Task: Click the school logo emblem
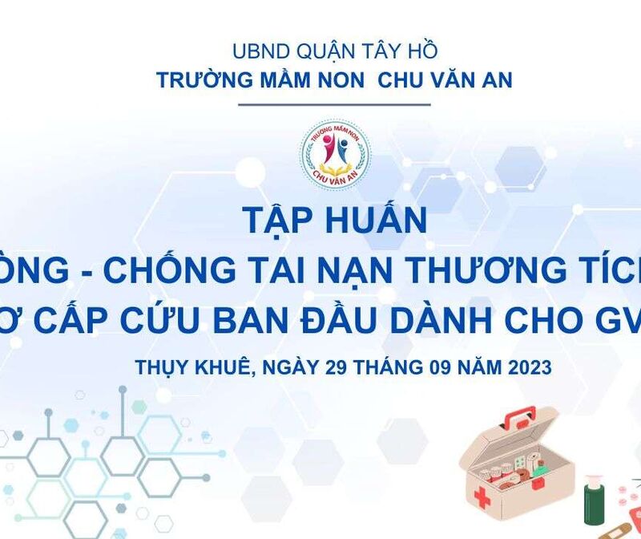click(x=335, y=154)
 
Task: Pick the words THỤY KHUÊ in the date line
click(x=187, y=367)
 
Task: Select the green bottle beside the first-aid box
click(x=594, y=501)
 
